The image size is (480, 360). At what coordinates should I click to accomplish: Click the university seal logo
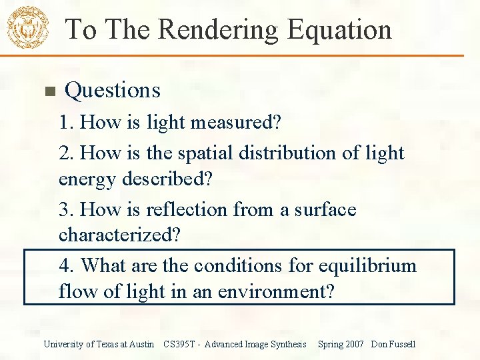click(x=27, y=27)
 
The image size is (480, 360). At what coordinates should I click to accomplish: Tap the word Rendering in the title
click(x=217, y=30)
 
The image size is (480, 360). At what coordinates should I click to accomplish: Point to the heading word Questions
click(x=113, y=90)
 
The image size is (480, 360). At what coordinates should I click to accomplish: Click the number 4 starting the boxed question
click(x=65, y=265)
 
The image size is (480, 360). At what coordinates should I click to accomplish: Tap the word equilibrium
click(x=367, y=265)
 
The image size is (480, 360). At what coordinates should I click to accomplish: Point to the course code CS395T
click(x=179, y=344)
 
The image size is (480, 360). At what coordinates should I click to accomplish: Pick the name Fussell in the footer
click(x=402, y=344)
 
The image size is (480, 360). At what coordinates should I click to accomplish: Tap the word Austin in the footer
click(x=141, y=344)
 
